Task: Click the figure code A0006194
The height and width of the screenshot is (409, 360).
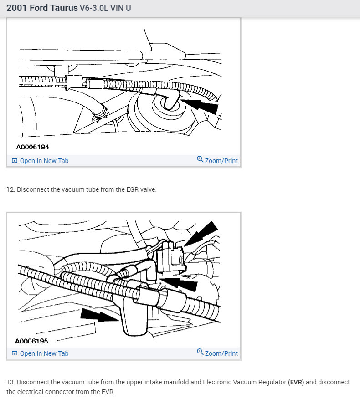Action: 32,147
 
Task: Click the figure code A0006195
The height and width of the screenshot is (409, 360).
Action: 31,341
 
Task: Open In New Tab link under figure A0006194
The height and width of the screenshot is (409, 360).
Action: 44,161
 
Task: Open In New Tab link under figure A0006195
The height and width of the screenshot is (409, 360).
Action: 44,353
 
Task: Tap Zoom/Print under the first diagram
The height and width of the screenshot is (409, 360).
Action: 221,161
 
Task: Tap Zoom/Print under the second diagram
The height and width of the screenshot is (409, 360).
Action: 221,353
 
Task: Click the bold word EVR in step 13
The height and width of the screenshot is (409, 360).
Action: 296,382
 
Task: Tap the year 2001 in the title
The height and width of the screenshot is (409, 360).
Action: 16,8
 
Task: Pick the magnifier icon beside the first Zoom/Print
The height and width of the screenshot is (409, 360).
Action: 200,159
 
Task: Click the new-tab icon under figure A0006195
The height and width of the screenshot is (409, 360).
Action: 15,353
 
